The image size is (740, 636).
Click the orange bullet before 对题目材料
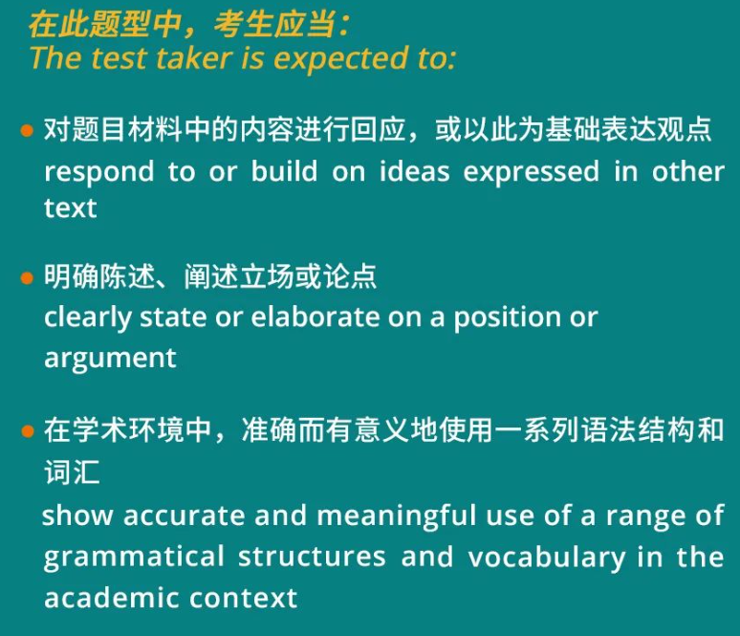point(28,130)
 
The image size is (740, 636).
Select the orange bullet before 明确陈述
point(28,278)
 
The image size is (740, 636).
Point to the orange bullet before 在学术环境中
point(28,431)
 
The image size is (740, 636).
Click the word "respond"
point(98,173)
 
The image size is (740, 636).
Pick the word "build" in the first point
point(281,172)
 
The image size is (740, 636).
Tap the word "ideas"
point(414,172)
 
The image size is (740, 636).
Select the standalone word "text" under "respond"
point(70,208)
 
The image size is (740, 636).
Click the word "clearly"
point(88,318)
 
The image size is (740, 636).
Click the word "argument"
point(110,359)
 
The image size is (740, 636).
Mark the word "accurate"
point(184,515)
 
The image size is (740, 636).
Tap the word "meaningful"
point(396,516)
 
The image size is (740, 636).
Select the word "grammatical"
point(134,558)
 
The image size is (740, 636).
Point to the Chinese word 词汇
point(72,473)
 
